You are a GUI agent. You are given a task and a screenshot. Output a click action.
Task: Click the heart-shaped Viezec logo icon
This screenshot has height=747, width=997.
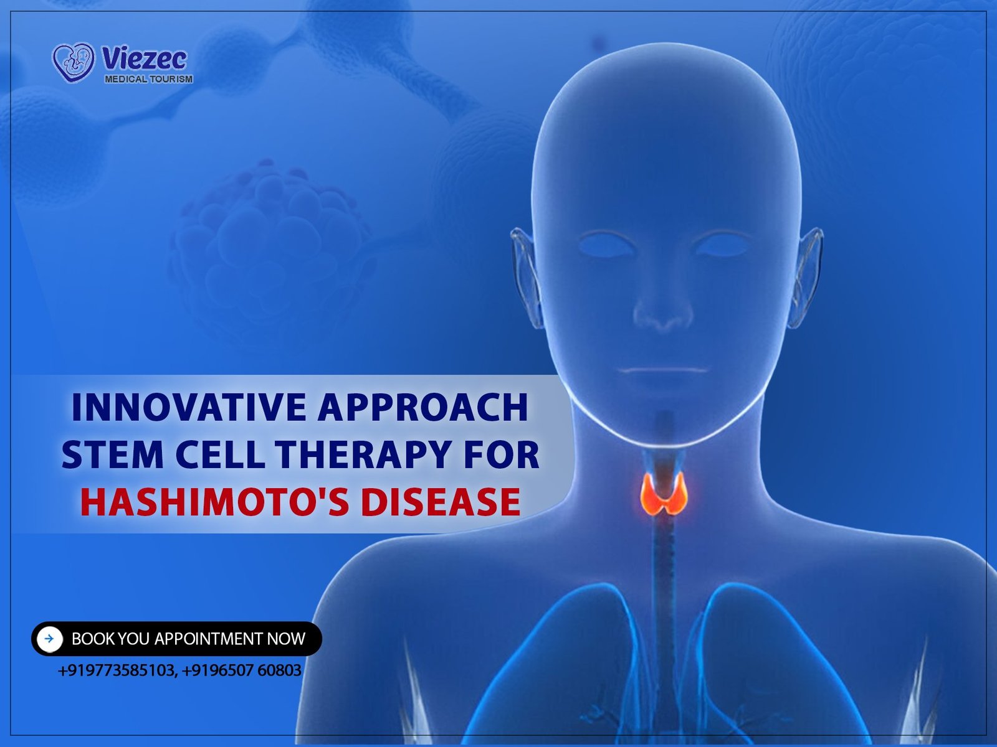[x=74, y=62]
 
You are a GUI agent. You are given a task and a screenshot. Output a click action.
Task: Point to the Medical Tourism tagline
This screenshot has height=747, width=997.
[x=148, y=79]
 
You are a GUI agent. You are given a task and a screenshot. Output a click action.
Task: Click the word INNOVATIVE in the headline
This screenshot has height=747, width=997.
[x=189, y=407]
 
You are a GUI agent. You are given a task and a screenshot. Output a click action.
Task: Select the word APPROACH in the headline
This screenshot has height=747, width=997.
[x=423, y=407]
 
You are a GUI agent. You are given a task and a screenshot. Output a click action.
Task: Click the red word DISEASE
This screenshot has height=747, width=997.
[x=441, y=502]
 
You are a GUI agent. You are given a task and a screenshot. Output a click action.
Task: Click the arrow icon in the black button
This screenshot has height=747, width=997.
[x=49, y=639]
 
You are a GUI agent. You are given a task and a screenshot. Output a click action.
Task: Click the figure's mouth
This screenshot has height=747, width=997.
[x=663, y=370]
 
